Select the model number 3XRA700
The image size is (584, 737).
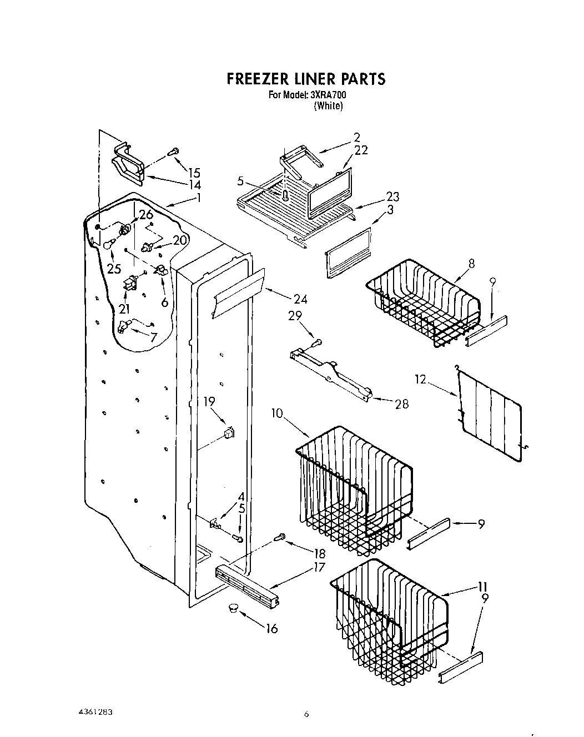coord(326,95)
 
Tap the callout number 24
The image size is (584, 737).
coord(300,300)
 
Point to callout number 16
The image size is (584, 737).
coord(272,629)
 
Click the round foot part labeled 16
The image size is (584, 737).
coord(232,608)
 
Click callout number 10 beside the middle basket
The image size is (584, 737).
coord(278,413)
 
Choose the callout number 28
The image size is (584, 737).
coord(401,404)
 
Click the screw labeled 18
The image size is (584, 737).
coord(281,536)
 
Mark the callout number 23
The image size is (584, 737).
coord(393,196)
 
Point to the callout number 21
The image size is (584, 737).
coord(124,310)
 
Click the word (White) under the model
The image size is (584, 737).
coord(328,106)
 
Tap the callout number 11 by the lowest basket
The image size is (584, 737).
coord(483,587)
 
